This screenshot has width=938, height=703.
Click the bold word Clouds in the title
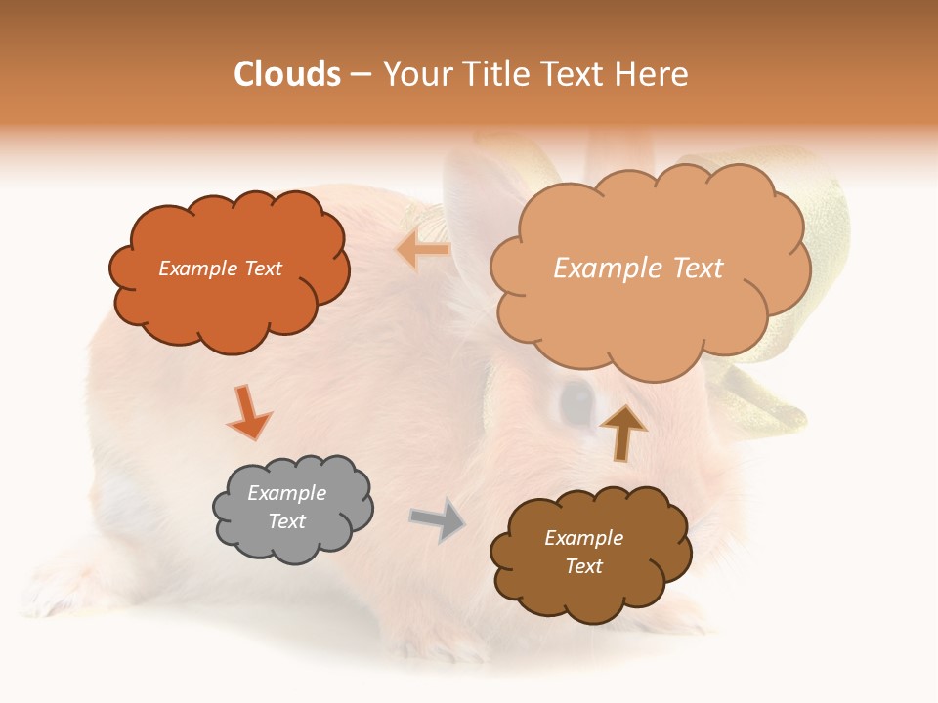pyautogui.click(x=287, y=74)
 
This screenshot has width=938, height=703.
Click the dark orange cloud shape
pyautogui.click(x=230, y=303)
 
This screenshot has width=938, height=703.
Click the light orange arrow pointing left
pyautogui.click(x=422, y=250)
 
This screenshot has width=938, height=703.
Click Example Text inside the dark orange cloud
pyautogui.click(x=220, y=269)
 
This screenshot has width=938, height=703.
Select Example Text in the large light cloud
pyautogui.click(x=638, y=268)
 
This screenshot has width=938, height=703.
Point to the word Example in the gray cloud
pyautogui.click(x=286, y=493)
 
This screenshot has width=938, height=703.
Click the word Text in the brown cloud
pyautogui.click(x=583, y=566)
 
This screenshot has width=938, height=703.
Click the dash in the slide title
pyautogui.click(x=361, y=74)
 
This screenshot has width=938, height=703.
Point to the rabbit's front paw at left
pyautogui.click(x=59, y=586)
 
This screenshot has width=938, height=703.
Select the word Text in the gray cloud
pyautogui.click(x=286, y=521)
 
